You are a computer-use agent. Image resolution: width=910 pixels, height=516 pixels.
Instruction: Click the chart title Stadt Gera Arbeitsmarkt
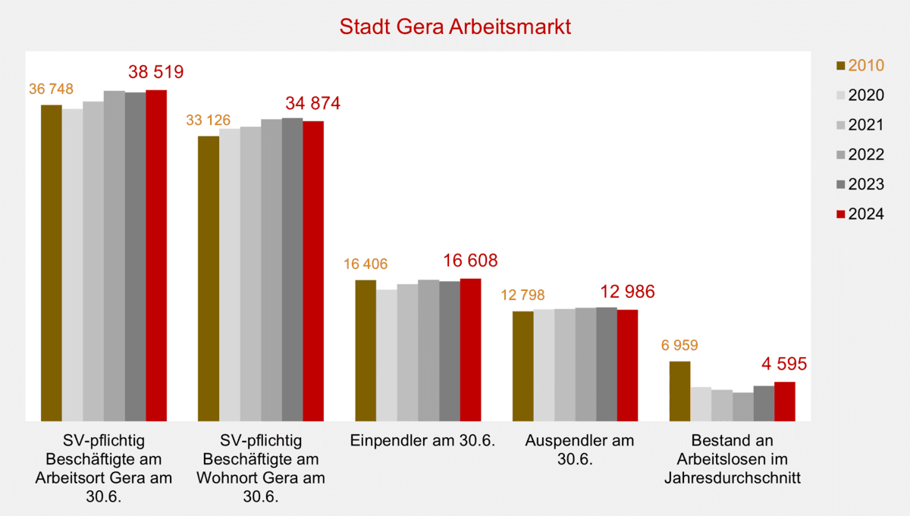pos(454,27)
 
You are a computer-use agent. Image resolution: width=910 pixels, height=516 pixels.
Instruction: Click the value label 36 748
pos(51,89)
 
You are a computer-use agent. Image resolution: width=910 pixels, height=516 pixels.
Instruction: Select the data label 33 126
pos(208,120)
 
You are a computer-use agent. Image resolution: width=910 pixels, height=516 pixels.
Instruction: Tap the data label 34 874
pos(312,104)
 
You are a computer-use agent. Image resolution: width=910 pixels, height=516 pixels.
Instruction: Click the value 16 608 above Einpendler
pos(469,261)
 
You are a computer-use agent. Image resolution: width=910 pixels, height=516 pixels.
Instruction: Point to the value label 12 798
pos(522,295)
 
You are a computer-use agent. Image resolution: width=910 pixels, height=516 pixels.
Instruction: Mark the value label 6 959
pos(679,346)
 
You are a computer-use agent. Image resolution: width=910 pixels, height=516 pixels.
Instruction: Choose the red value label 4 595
pos(783,364)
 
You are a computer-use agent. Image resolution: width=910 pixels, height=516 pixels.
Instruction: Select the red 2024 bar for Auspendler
pos(627,364)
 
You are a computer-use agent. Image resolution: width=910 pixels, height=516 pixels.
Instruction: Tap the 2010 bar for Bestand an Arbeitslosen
pos(679,391)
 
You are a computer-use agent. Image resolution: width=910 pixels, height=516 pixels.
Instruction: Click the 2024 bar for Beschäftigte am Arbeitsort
pos(156,255)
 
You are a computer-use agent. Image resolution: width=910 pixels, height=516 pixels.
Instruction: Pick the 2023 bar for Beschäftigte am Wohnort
pos(292,269)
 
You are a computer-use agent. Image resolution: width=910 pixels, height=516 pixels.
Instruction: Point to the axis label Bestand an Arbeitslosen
pos(733,459)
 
